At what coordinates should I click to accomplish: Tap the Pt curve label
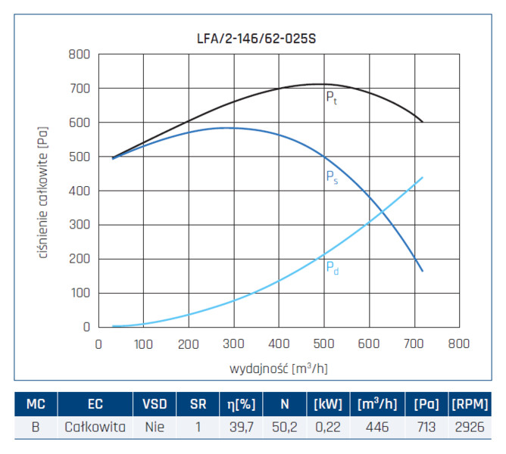point(331,98)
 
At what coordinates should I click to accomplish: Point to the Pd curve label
point(332,266)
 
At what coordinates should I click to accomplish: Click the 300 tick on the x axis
point(233,343)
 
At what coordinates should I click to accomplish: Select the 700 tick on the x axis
point(414,343)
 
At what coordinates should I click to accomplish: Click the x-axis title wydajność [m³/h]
point(279,368)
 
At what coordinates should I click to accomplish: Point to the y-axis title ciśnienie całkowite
point(43,191)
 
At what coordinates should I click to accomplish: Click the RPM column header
point(470,403)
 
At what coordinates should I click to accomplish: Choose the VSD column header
point(155,403)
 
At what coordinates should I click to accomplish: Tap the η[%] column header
point(241,403)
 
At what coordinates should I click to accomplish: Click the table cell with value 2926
point(470,427)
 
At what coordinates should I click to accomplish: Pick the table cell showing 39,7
point(241,427)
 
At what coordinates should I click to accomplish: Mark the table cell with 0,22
point(327,427)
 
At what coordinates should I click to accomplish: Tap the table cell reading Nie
point(155,427)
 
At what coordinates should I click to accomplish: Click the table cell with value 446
point(376,427)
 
